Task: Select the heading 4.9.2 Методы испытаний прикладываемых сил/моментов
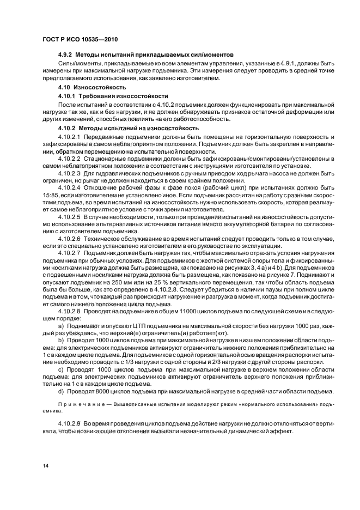(x=145, y=55)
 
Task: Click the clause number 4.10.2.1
(x=69, y=135)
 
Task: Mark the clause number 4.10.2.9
(x=69, y=423)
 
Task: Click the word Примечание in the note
(x=77, y=405)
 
